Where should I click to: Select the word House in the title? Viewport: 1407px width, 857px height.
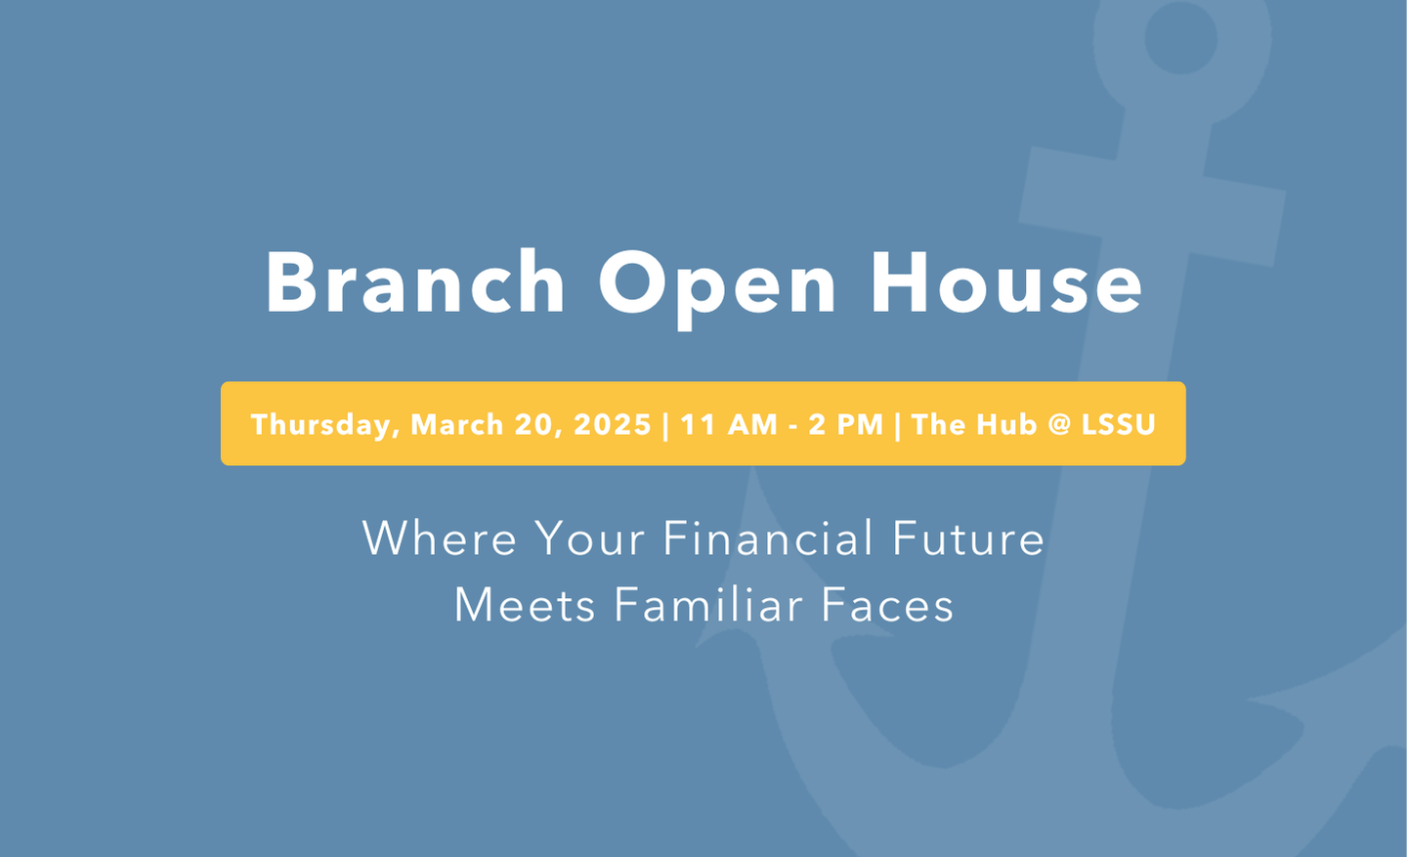click(1006, 281)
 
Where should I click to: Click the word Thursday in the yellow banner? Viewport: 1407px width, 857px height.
click(325, 425)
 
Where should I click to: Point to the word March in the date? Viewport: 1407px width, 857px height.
click(456, 424)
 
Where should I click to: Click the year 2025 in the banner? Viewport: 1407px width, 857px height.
click(613, 424)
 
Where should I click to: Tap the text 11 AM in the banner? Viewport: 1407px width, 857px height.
click(729, 424)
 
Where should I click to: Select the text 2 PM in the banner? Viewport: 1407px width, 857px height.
click(845, 424)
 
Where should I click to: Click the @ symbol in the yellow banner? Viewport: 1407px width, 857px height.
click(1059, 425)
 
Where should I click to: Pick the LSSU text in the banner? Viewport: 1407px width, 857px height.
click(1118, 424)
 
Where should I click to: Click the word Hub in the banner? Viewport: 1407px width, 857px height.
click(1005, 424)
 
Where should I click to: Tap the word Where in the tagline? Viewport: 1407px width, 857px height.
click(439, 537)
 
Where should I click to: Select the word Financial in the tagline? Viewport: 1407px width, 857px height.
click(768, 537)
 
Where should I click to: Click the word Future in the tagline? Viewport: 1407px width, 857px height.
click(968, 538)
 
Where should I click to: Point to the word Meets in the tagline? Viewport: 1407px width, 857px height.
click(525, 605)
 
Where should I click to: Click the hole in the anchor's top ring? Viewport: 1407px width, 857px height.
click(1181, 38)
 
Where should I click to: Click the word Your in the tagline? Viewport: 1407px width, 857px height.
click(590, 538)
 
